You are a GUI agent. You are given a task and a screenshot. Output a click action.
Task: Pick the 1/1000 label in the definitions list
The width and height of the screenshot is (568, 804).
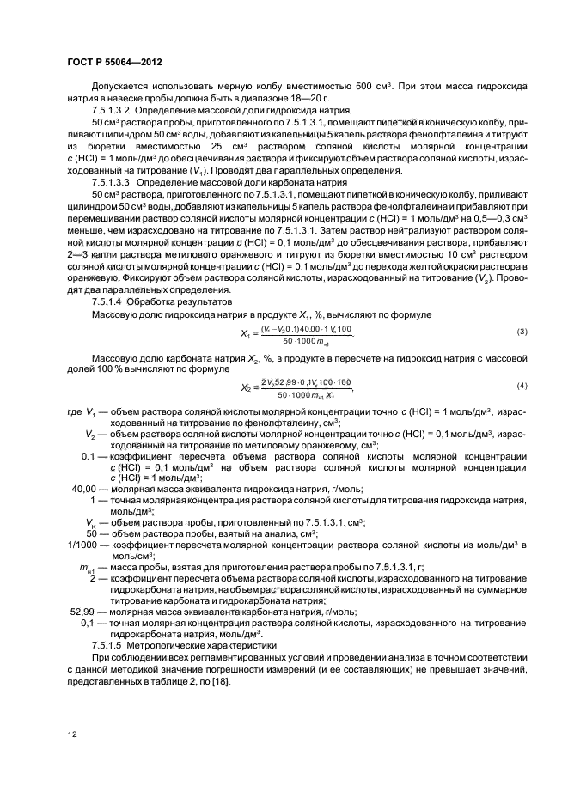[x=81, y=545]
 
